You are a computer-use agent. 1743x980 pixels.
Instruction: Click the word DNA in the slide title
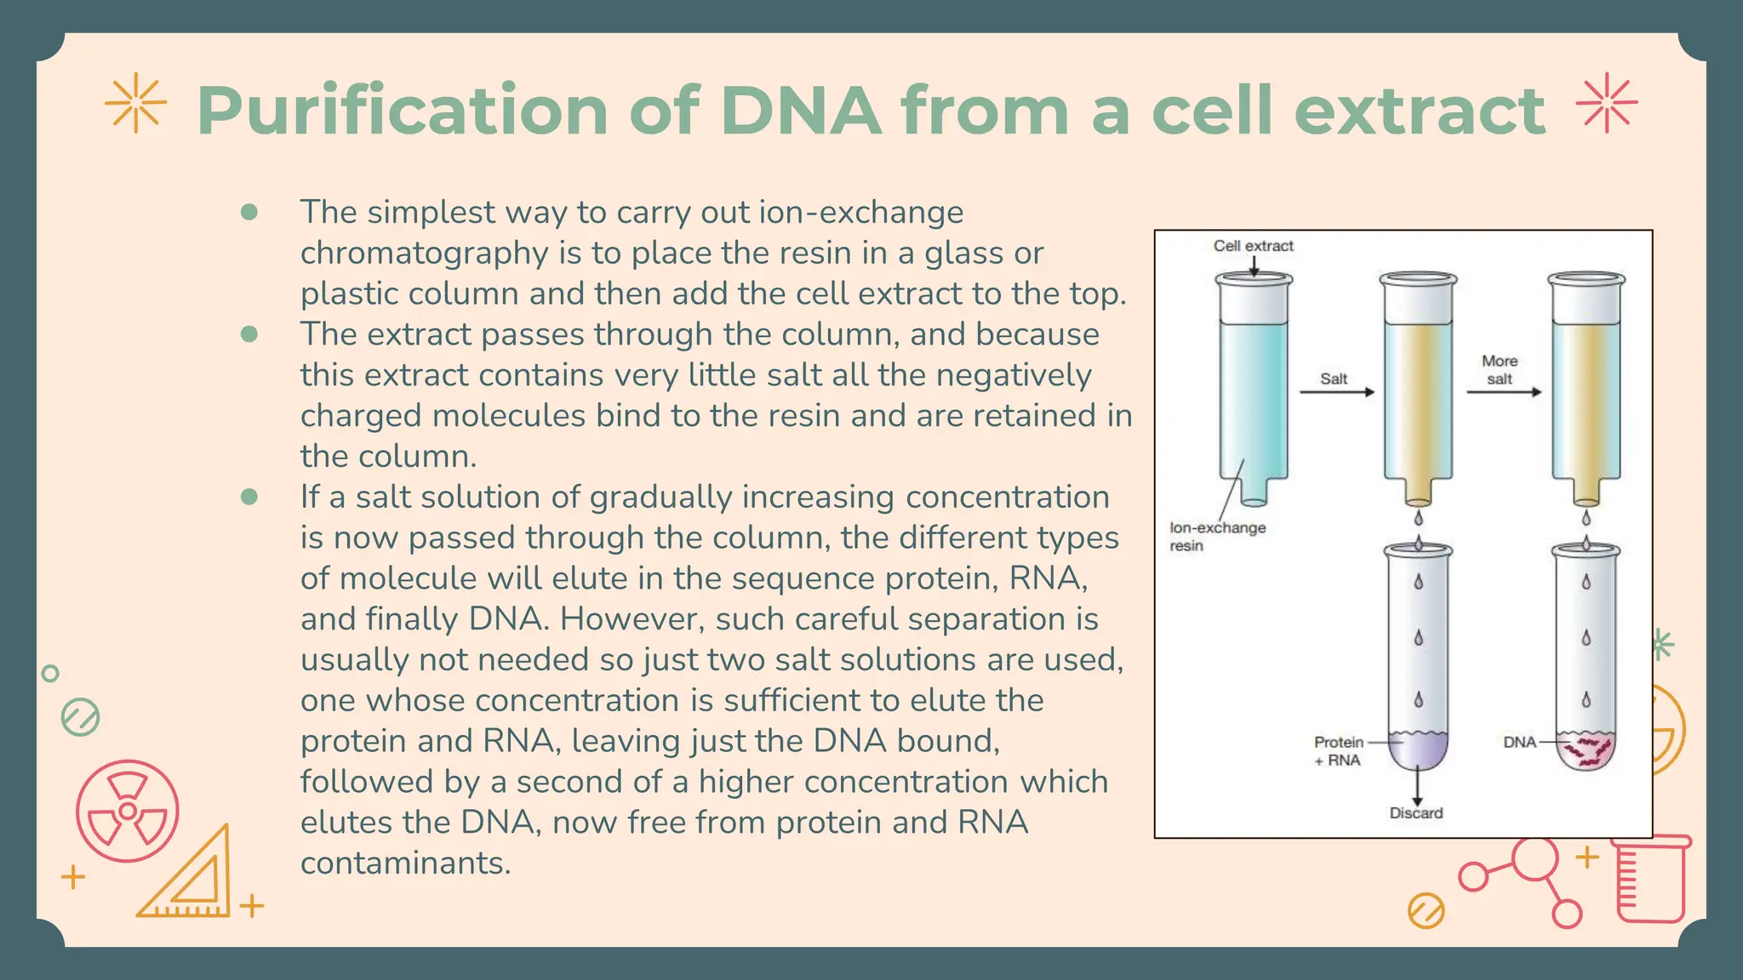(x=800, y=111)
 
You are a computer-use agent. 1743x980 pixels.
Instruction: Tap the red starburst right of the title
(x=1606, y=104)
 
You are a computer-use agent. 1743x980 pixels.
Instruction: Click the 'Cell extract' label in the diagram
(x=1253, y=246)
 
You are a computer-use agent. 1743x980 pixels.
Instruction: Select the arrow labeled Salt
(x=1336, y=392)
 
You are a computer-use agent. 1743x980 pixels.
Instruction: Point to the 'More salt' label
(x=1500, y=370)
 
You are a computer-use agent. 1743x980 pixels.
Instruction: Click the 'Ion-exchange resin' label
(x=1217, y=537)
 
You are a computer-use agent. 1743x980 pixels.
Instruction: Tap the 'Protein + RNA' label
(x=1338, y=751)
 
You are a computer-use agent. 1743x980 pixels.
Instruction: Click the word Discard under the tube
(x=1416, y=813)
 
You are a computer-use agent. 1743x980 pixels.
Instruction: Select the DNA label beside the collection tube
(x=1519, y=742)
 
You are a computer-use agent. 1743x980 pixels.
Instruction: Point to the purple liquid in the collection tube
(x=1418, y=750)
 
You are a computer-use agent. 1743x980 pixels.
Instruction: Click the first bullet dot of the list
(x=249, y=212)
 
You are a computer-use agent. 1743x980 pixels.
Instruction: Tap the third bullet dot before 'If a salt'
(x=249, y=497)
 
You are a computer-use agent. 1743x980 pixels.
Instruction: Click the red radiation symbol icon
(x=128, y=811)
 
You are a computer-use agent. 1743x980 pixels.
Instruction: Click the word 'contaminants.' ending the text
(x=405, y=863)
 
